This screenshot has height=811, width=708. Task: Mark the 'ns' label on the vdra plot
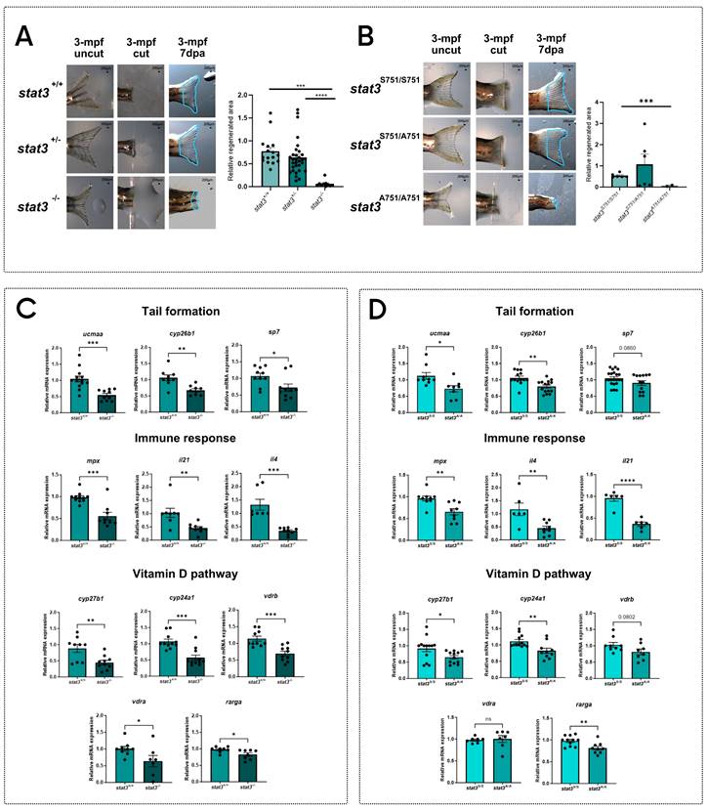pos(475,735)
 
